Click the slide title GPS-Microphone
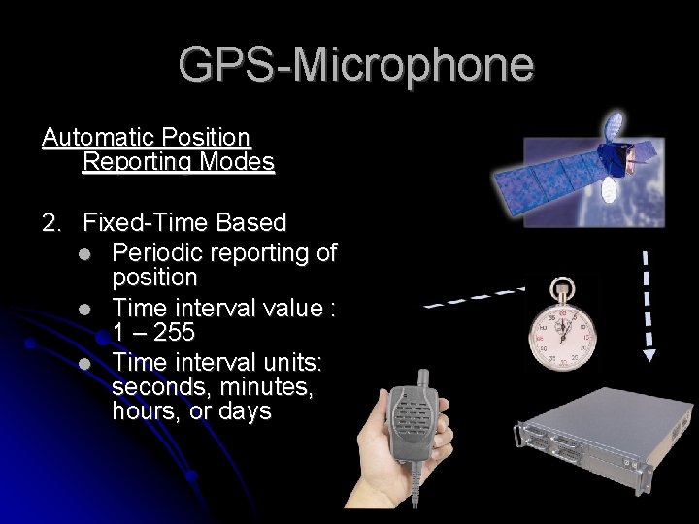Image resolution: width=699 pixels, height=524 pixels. [355, 65]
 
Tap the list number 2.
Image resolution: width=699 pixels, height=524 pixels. [50, 225]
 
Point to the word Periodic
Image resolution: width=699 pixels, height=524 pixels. [153, 252]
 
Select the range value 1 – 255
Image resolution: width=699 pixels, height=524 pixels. [153, 332]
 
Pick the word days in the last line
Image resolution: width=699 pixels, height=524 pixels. [243, 411]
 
